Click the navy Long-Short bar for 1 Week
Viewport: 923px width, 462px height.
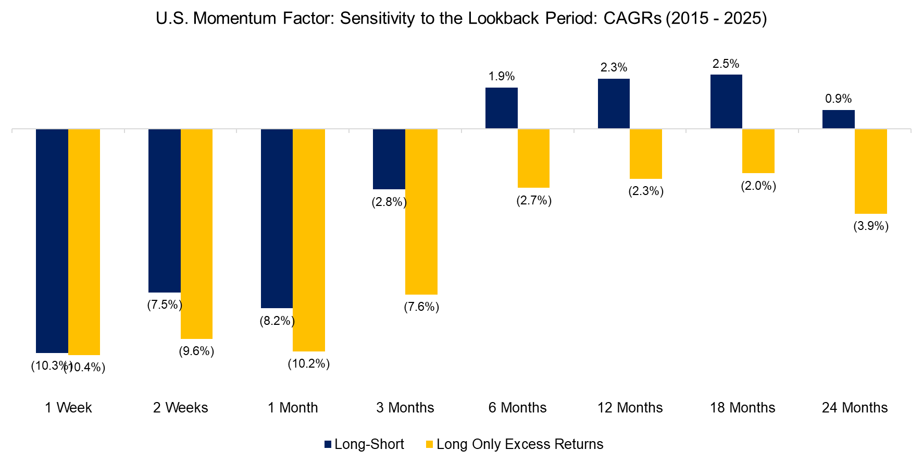(x=52, y=240)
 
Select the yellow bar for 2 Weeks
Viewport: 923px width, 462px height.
(x=196, y=234)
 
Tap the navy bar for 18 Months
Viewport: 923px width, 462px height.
(x=726, y=102)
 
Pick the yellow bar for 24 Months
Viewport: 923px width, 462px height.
(x=870, y=171)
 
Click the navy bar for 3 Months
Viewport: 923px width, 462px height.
(x=389, y=159)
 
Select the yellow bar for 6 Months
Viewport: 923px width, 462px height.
(x=533, y=158)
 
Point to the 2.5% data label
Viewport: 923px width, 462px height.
(x=726, y=64)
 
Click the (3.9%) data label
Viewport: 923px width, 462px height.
(x=870, y=226)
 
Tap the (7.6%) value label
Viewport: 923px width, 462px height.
(x=421, y=307)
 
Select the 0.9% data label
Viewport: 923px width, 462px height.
(x=838, y=99)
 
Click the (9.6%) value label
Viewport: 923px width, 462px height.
(x=196, y=351)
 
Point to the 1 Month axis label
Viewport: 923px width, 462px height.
(x=293, y=408)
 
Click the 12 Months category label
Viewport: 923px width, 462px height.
(x=630, y=408)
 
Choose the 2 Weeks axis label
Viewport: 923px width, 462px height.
(x=180, y=408)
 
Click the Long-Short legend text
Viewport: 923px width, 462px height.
(x=369, y=444)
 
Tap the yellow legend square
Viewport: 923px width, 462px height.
(x=430, y=444)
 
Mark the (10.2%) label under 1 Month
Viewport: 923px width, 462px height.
(x=309, y=363)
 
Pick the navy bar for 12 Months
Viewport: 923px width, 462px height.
(x=614, y=104)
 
